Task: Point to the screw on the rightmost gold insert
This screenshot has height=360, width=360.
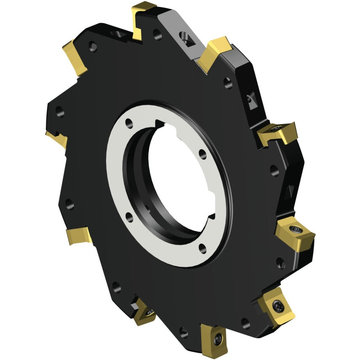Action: (x=296, y=230)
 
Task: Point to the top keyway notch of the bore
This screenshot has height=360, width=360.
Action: (x=160, y=124)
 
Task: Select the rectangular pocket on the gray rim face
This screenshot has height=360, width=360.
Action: (x=187, y=37)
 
